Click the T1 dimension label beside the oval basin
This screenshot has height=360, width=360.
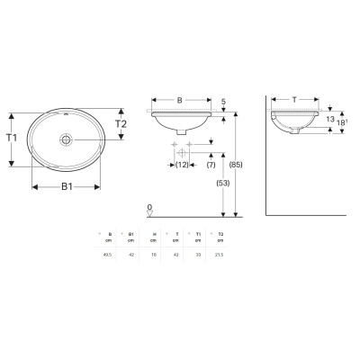pos(11,139)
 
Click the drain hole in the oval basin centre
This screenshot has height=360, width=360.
pos(66,139)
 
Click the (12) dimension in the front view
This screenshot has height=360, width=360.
pos(180,166)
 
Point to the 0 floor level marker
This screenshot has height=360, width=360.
pos(148,206)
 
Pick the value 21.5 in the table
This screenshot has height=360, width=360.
pos(220,254)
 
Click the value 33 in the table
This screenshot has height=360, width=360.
pos(198,254)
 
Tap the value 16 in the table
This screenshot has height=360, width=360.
pos(154,254)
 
